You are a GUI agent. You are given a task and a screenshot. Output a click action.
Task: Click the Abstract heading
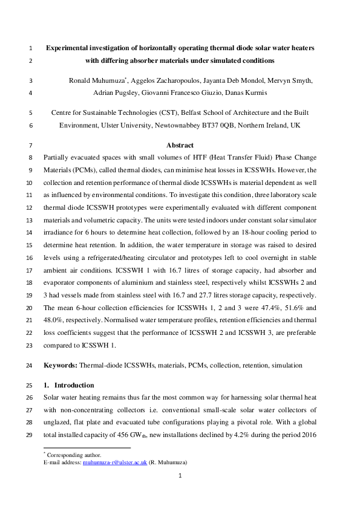click(180, 145)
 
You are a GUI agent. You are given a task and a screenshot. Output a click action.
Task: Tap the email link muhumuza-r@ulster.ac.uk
click(96, 462)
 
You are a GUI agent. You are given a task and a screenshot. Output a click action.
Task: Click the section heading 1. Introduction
click(69, 385)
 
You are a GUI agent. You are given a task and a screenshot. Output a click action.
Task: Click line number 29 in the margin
click(31, 435)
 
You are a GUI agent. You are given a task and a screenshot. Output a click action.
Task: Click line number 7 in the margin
click(31, 145)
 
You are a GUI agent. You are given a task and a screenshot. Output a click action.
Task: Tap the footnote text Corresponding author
click(72, 455)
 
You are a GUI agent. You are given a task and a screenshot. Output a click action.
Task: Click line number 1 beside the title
click(31, 47)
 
